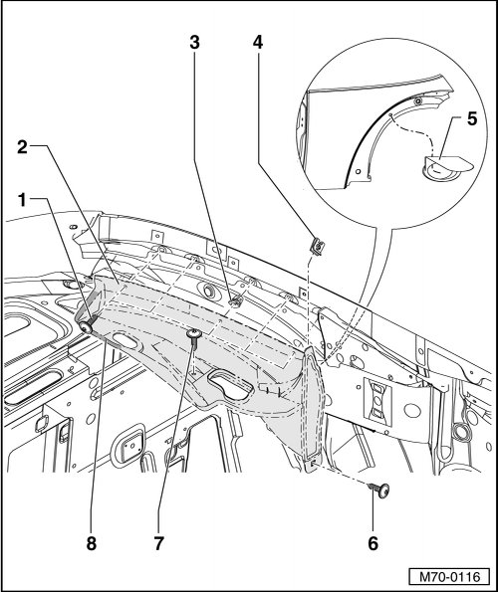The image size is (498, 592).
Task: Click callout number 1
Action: [23, 200]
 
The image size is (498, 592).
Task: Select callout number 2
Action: [22, 147]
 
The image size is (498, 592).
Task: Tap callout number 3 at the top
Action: [194, 43]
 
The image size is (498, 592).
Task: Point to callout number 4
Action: [258, 43]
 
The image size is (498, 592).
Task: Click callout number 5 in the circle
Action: [472, 119]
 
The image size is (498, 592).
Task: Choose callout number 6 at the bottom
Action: [373, 543]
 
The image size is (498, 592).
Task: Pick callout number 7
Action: [158, 543]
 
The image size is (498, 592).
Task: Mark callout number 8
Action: [92, 543]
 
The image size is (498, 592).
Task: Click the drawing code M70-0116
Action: [449, 577]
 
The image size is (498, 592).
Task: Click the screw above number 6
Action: [379, 491]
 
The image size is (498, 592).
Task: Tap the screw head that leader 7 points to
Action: [194, 333]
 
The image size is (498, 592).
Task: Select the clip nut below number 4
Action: [317, 247]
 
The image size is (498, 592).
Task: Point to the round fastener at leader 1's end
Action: [88, 327]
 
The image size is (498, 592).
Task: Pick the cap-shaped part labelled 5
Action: [446, 167]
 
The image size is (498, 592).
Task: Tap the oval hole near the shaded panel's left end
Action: [127, 339]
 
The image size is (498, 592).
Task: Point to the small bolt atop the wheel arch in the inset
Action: [418, 101]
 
